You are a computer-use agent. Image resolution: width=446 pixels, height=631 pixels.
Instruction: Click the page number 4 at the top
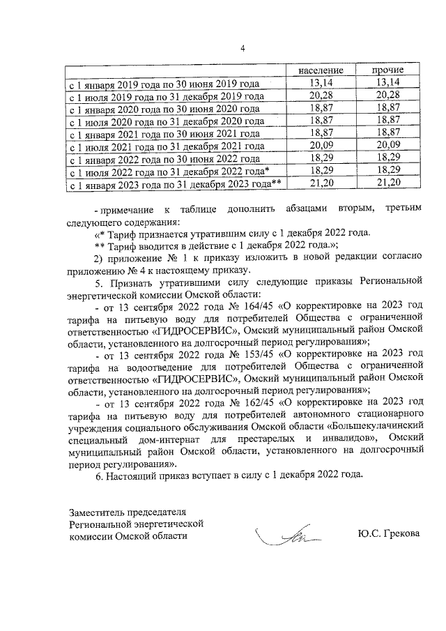point(243,48)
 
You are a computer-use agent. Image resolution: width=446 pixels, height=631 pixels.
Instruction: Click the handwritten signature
point(286,538)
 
